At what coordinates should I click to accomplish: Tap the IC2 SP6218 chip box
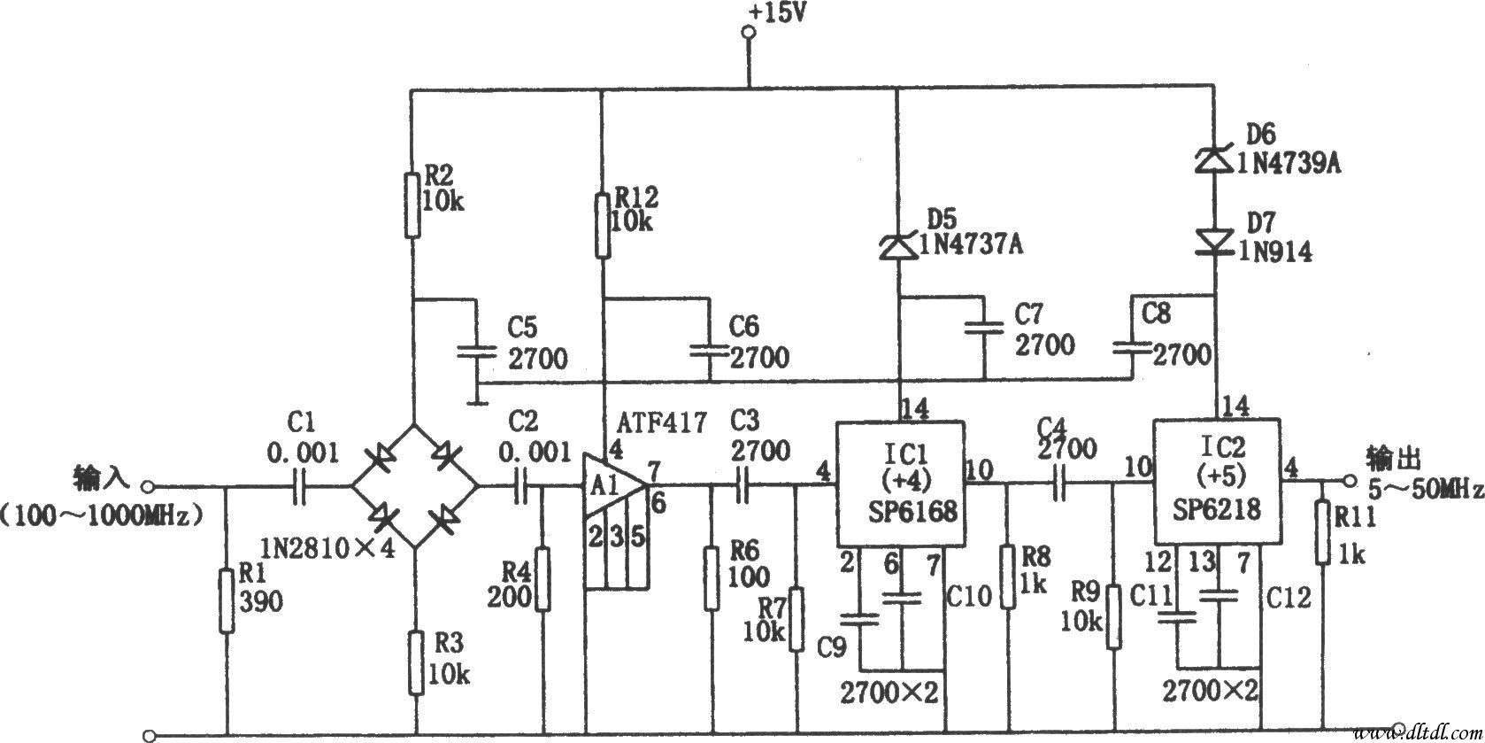tap(1216, 483)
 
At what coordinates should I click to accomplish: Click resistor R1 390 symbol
tap(227, 600)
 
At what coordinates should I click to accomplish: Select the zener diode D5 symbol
tap(899, 247)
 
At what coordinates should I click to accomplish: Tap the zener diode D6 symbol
tap(1214, 159)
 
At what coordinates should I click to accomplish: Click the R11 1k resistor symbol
tap(1322, 531)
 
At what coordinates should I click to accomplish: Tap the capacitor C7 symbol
tap(984, 328)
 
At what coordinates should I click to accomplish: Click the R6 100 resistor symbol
tap(712, 577)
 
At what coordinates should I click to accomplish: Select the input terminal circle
tap(149, 485)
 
